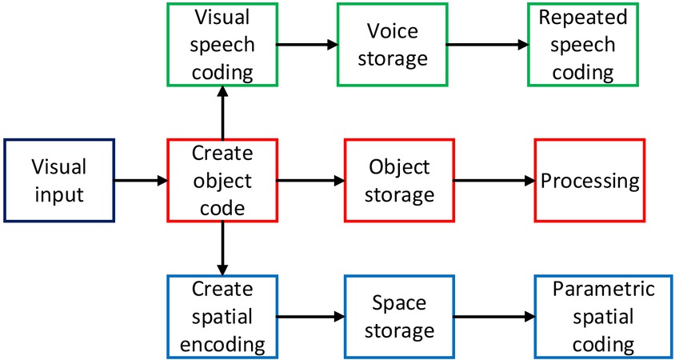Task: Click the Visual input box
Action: (x=59, y=180)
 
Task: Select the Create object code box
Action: (x=222, y=180)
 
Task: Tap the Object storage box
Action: (x=399, y=180)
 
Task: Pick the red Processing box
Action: (x=590, y=180)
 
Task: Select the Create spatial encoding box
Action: (x=222, y=316)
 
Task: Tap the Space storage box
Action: (x=399, y=316)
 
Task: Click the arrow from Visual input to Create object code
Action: (x=141, y=181)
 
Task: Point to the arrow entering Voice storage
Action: (x=307, y=45)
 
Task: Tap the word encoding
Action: (x=222, y=344)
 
